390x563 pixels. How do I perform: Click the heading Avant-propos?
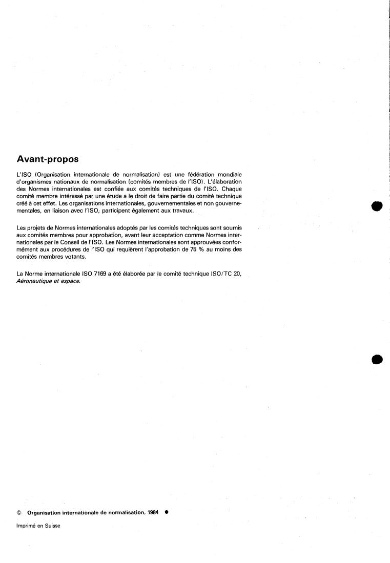[x=48, y=159]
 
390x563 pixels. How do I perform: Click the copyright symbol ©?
[x=19, y=512]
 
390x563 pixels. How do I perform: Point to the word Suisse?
[x=52, y=525]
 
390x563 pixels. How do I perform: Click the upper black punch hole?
[x=378, y=205]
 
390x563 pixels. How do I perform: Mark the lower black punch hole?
[x=378, y=359]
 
